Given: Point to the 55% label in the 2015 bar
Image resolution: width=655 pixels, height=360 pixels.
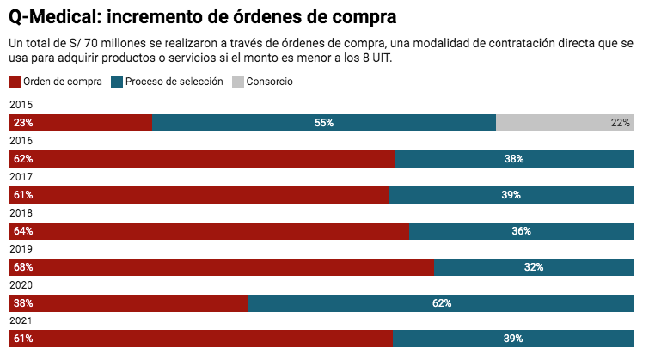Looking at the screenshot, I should [324, 123].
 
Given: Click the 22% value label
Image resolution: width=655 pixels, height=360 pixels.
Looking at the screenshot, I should [621, 123].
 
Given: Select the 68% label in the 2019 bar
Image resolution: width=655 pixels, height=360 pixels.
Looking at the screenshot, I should [23, 267].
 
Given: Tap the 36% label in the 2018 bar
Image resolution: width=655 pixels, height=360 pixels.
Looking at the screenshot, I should [521, 231].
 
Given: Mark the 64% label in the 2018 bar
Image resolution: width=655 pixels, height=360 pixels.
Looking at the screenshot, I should [23, 231].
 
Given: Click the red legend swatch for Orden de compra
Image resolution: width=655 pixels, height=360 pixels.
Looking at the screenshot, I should [15, 82].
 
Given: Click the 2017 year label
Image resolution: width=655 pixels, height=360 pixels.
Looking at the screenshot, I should [21, 176].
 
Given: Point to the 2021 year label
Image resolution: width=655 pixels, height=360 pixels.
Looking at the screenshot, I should [21, 320].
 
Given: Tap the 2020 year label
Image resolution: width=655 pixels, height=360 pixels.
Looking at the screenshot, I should [21, 284].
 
